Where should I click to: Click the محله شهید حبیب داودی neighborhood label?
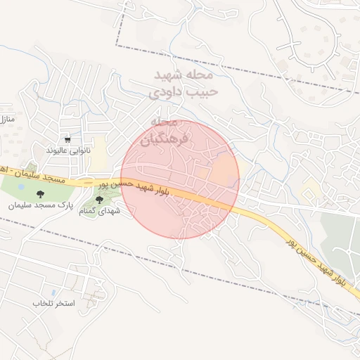pos(186,82)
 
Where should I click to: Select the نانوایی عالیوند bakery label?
pos(68,150)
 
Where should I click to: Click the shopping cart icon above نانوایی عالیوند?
pos(67,140)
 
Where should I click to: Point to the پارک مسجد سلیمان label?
pos(41,206)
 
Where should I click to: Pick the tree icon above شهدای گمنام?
pos(108,200)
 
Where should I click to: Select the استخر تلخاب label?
pos(49,303)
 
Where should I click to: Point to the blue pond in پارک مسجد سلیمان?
pos(20,189)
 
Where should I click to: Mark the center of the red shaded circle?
pos(180,179)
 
